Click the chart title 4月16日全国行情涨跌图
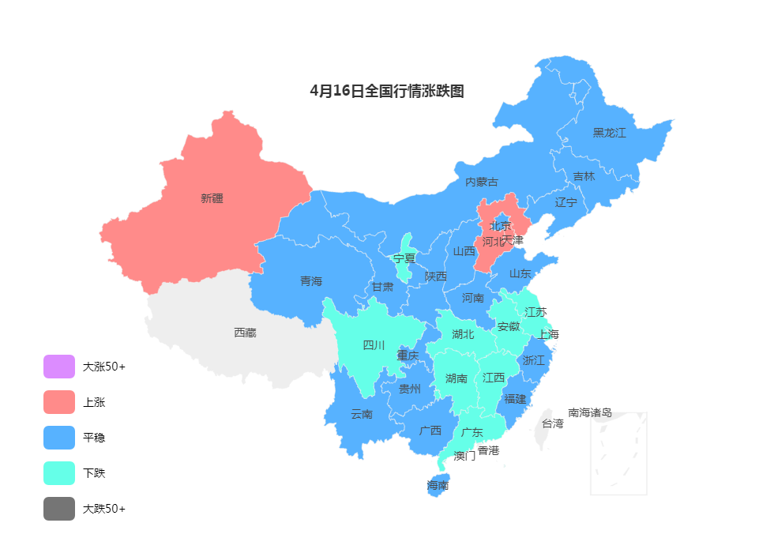[387, 91]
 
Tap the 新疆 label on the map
[212, 198]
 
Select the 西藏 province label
[245, 333]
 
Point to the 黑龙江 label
[609, 133]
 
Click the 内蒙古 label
[481, 182]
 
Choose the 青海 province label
[311, 280]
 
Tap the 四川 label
[374, 344]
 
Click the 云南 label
[362, 413]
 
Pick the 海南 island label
[438, 485]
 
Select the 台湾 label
[553, 423]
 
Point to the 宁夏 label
[404, 258]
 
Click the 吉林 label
[584, 176]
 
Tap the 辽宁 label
[565, 201]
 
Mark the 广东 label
[472, 432]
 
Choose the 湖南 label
[457, 378]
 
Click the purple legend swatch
[59, 367]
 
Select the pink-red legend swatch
[59, 402]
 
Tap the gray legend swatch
[59, 509]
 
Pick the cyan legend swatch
[59, 473]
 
